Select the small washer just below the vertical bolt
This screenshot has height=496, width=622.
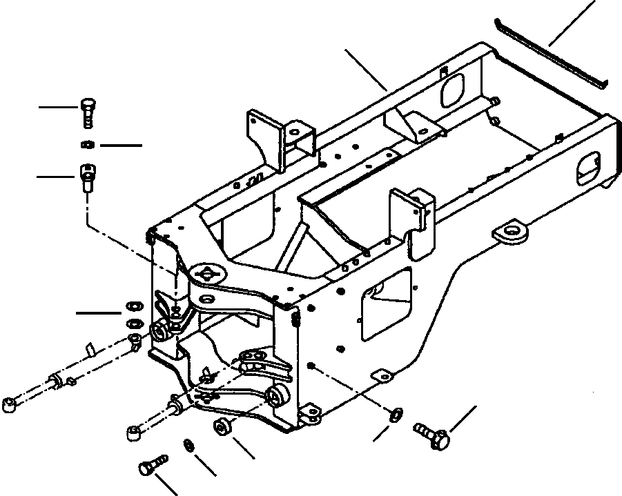[87, 145]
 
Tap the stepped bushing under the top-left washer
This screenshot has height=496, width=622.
[86, 177]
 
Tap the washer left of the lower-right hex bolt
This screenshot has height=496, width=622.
[396, 414]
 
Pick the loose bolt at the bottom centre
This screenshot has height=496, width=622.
[153, 465]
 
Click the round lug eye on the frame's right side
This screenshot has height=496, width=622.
[512, 232]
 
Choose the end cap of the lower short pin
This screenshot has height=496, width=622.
[133, 433]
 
